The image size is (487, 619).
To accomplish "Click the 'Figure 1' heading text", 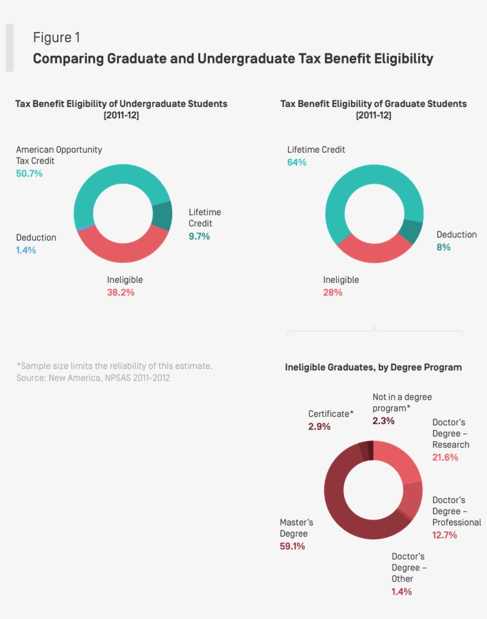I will pyautogui.click(x=56, y=37).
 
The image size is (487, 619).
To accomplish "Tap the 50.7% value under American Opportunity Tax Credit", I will pyautogui.click(x=29, y=174).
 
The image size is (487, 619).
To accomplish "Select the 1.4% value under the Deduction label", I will pyautogui.click(x=26, y=250).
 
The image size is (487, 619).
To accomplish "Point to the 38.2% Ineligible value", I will pyautogui.click(x=121, y=293).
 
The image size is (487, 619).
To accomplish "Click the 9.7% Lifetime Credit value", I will pyautogui.click(x=199, y=237).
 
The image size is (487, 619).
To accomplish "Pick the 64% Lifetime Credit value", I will pyautogui.click(x=297, y=162).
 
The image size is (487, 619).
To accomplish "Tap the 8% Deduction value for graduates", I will pyautogui.click(x=444, y=247).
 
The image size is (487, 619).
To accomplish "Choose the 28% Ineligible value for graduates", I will pyautogui.click(x=333, y=293).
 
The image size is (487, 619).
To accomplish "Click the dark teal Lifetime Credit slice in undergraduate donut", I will pyautogui.click(x=162, y=215).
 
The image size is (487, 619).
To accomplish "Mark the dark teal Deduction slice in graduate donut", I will pyautogui.click(x=411, y=231).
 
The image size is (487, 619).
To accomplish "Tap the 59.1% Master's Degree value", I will pyautogui.click(x=292, y=546).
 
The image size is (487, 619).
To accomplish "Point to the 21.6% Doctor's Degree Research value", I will pyautogui.click(x=445, y=457).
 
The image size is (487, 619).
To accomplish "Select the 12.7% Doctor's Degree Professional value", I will pyautogui.click(x=444, y=535).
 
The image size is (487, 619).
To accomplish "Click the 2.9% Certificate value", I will pyautogui.click(x=319, y=427).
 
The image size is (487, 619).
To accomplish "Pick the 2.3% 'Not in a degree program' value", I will pyautogui.click(x=383, y=421).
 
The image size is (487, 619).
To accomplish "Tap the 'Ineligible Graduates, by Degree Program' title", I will pyautogui.click(x=373, y=367).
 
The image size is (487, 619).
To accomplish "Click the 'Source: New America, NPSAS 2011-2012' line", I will pyautogui.click(x=93, y=378).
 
